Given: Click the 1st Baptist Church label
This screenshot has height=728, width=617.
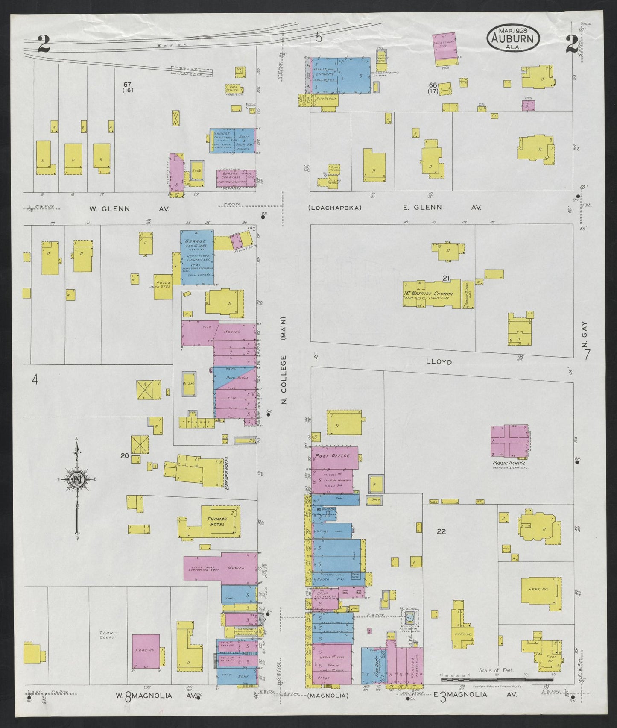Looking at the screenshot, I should [x=428, y=294].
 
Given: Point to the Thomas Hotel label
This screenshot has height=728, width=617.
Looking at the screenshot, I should [x=217, y=522].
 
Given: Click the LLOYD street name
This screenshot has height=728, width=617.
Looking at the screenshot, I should [x=439, y=362].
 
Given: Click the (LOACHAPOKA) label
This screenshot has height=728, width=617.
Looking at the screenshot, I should [x=334, y=208].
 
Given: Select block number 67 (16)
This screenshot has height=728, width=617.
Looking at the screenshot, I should [x=126, y=87].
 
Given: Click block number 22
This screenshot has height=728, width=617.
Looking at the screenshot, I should [x=442, y=531].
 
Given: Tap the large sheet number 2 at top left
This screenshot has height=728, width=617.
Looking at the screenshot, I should [x=43, y=44].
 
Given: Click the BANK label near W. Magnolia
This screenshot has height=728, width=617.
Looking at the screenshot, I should [x=244, y=677].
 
